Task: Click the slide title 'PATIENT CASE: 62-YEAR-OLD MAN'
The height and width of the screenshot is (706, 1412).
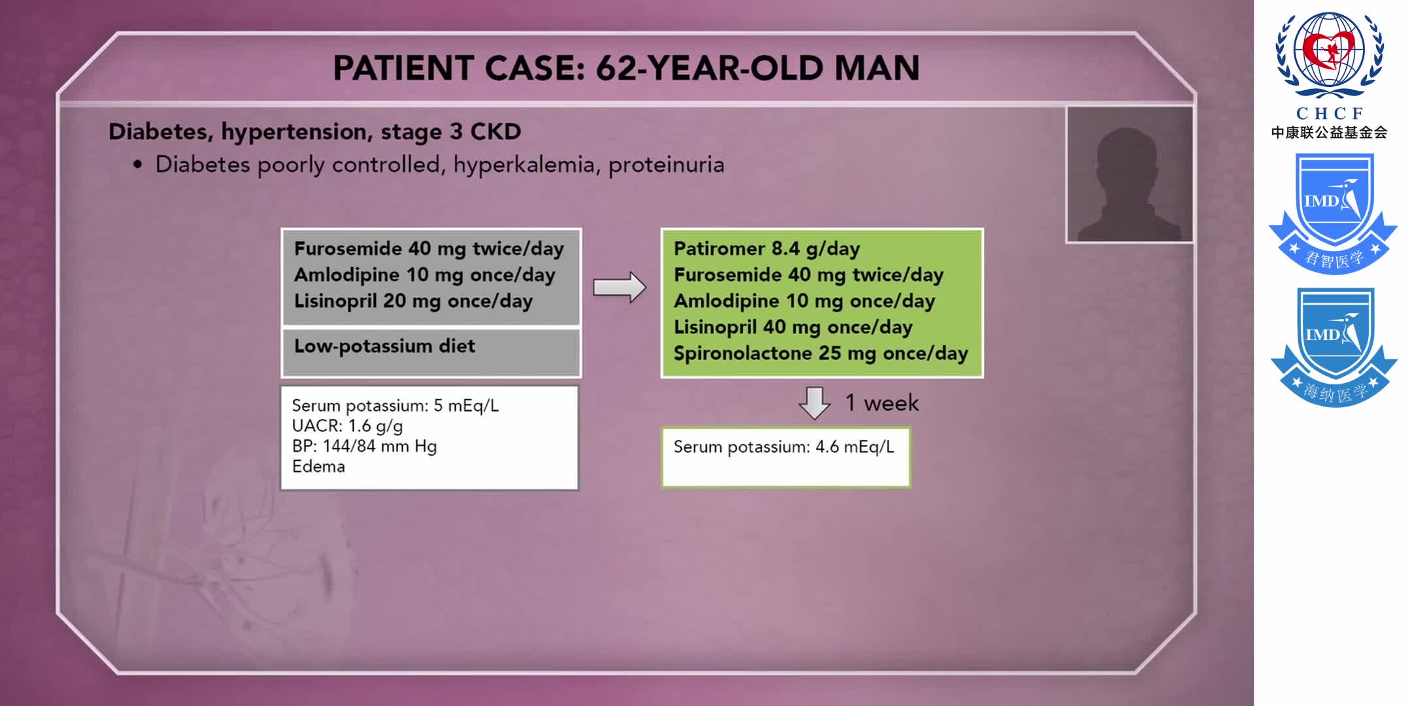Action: click(x=626, y=68)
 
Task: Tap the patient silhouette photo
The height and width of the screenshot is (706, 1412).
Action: click(x=1129, y=175)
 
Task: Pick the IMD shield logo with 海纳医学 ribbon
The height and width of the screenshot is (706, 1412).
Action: click(x=1334, y=346)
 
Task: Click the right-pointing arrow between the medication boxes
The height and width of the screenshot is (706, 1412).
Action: click(x=619, y=287)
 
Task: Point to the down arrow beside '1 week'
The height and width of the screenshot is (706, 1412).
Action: click(x=814, y=403)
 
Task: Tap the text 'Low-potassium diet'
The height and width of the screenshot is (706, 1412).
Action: click(x=384, y=346)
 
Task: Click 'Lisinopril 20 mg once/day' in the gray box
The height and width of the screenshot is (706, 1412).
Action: click(x=413, y=301)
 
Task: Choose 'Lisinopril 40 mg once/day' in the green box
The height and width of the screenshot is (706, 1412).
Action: click(x=793, y=327)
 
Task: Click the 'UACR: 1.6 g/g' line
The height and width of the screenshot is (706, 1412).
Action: click(x=347, y=426)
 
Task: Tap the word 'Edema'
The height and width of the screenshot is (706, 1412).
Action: click(x=318, y=467)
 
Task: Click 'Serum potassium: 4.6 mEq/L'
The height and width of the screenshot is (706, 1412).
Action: click(x=784, y=447)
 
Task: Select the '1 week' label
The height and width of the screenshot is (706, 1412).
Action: click(x=882, y=403)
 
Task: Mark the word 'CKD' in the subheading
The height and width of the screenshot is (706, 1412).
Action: click(x=496, y=132)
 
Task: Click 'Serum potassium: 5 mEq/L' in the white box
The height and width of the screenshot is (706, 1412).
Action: click(x=395, y=406)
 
